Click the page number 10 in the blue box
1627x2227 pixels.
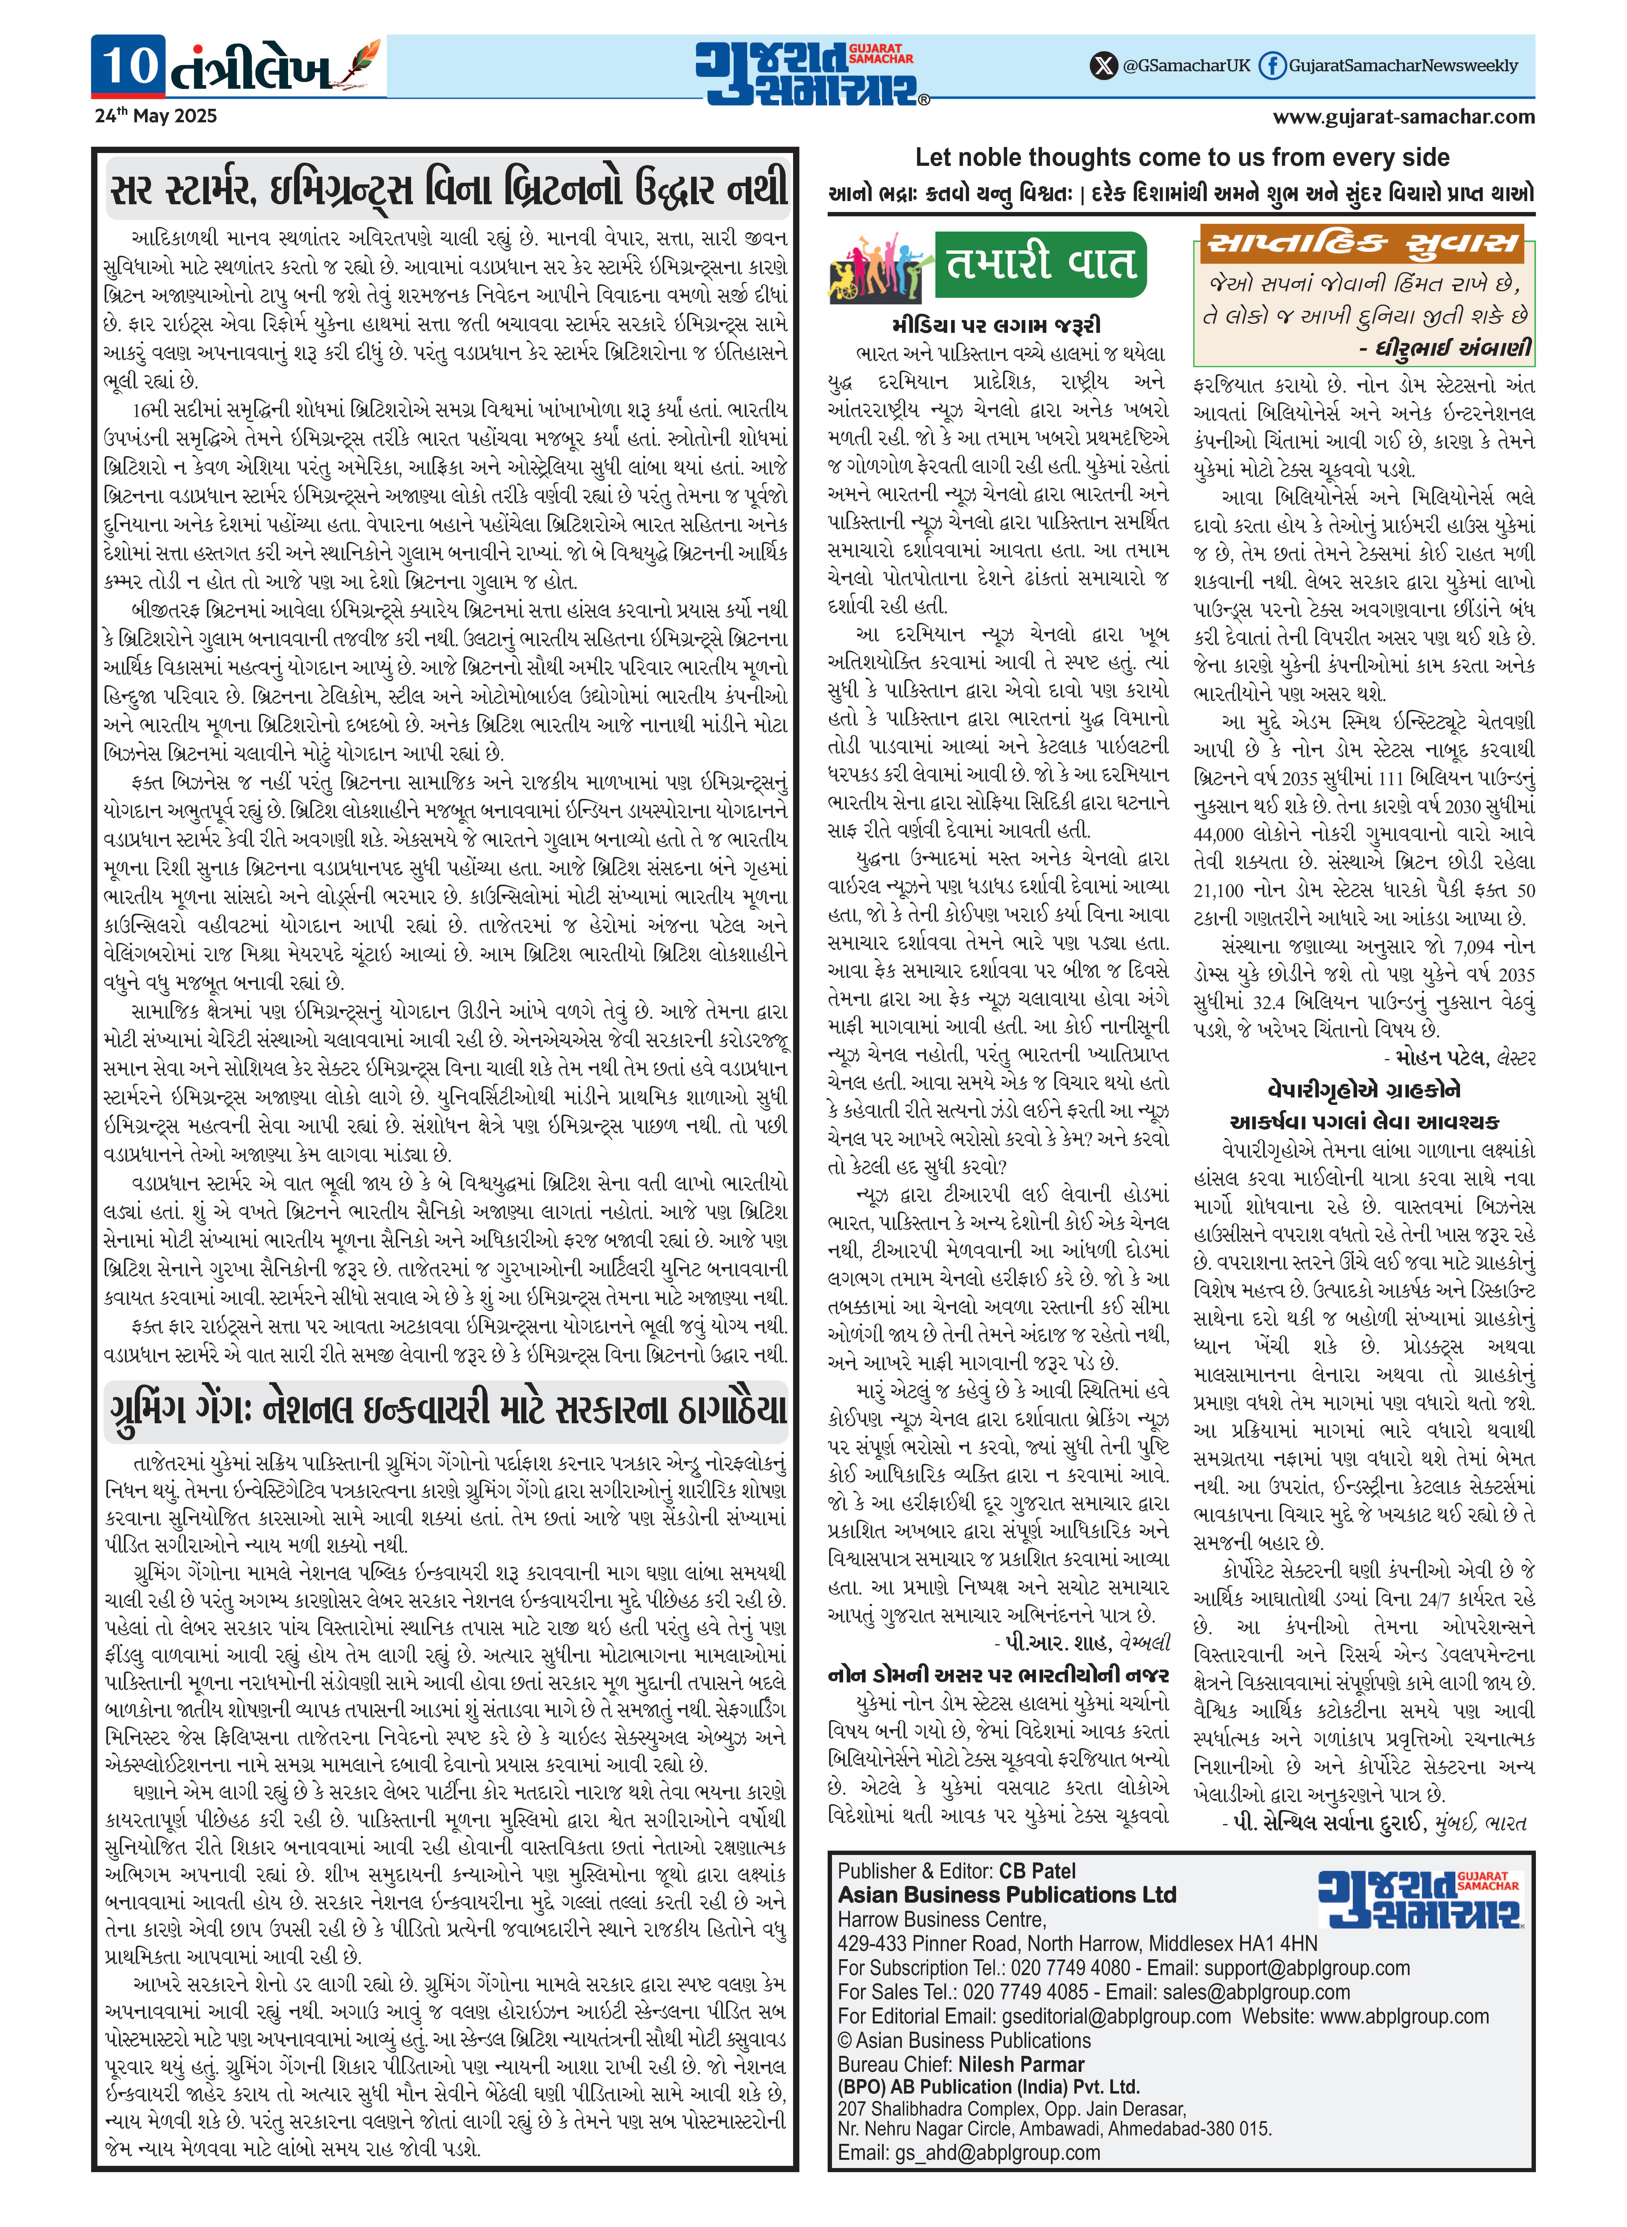(x=129, y=66)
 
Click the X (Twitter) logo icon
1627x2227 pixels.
(x=1103, y=66)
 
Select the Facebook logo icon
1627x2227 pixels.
(x=1273, y=66)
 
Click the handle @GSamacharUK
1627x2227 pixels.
(x=1186, y=66)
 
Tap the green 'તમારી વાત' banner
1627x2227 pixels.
(x=1040, y=264)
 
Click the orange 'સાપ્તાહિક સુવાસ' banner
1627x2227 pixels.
(x=1363, y=243)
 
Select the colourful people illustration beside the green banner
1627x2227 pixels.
(x=880, y=266)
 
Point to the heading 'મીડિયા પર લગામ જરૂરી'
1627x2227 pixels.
(x=997, y=325)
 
